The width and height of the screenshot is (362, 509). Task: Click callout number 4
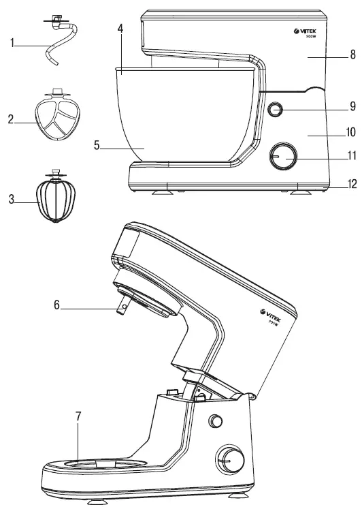pos(120,29)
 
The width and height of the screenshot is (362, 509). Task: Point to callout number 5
pos(97,144)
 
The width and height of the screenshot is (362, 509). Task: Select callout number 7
pos(80,415)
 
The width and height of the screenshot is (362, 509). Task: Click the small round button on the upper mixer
pos(276,109)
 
